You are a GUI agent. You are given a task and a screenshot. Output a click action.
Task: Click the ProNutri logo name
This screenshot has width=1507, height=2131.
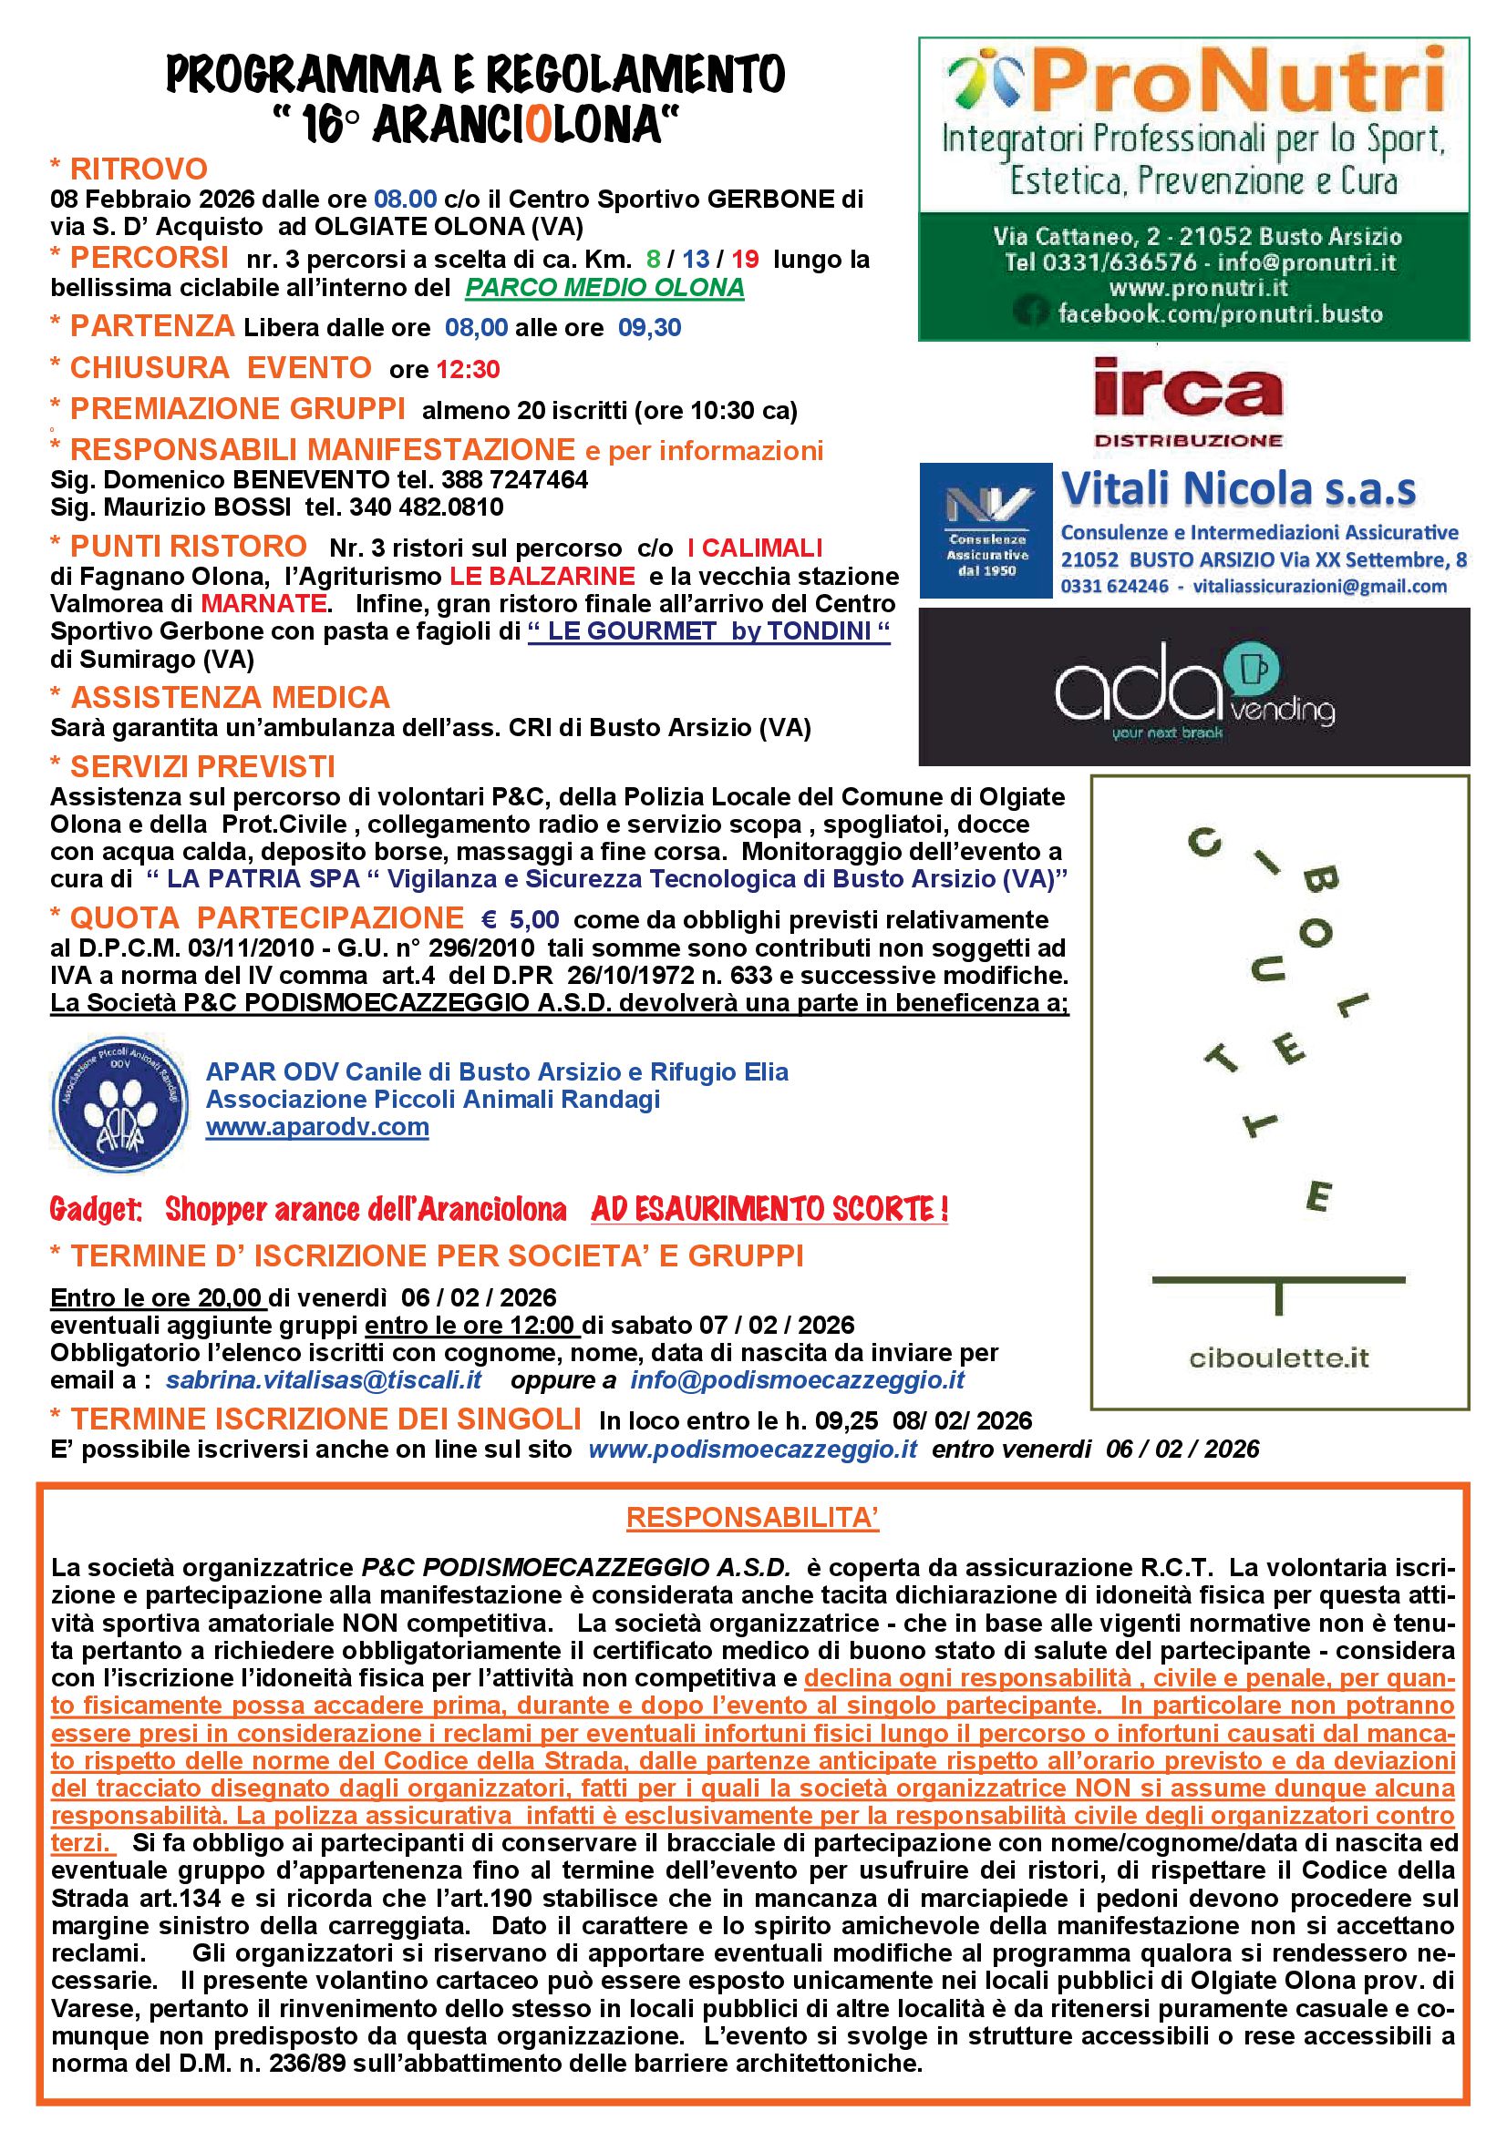(x=1236, y=82)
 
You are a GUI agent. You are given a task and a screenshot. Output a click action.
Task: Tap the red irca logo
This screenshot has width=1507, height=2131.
(x=1188, y=392)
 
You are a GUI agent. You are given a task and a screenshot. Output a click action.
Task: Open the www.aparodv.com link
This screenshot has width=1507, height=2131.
(x=316, y=1128)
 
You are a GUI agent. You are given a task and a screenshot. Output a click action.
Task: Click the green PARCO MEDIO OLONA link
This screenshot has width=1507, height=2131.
(x=604, y=288)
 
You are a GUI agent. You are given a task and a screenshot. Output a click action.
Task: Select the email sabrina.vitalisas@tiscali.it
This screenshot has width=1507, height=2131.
(x=324, y=1380)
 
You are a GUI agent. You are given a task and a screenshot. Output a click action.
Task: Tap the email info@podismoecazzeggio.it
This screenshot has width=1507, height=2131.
(x=798, y=1380)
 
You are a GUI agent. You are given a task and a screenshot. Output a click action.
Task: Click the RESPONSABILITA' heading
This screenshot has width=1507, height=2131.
(x=752, y=1518)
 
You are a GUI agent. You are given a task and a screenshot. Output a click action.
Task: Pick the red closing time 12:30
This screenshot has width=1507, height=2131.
(x=468, y=369)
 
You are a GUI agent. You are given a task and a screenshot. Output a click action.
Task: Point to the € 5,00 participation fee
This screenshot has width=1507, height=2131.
(x=520, y=920)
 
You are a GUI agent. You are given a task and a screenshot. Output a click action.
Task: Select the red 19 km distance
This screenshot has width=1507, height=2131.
(x=745, y=259)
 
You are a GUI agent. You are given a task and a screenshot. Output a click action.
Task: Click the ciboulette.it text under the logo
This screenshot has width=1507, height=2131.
(x=1279, y=1358)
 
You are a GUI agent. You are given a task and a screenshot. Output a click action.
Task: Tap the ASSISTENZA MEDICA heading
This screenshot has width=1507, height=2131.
(x=231, y=698)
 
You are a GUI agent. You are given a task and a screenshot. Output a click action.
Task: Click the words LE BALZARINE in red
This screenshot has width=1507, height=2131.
(x=542, y=577)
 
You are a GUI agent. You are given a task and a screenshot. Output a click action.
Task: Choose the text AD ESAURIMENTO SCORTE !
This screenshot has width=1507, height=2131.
(x=769, y=1209)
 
